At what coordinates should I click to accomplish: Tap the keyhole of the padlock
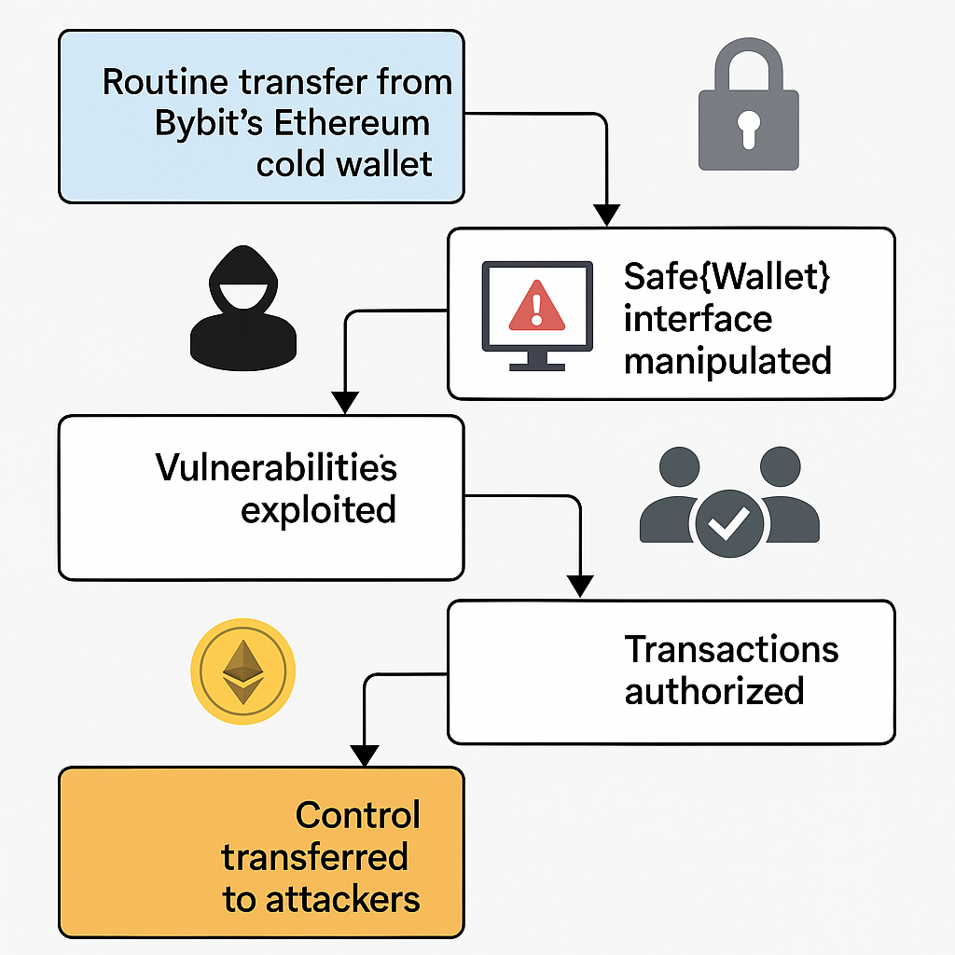[749, 129]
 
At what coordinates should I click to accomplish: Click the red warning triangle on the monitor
[536, 307]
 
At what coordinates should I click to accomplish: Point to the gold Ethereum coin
[242, 671]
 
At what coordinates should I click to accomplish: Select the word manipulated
[727, 360]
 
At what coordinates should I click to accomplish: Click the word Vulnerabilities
[276, 466]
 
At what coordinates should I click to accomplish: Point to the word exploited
[318, 509]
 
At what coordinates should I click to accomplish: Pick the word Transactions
[731, 649]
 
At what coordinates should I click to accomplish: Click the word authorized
[714, 691]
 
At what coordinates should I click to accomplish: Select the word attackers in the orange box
[342, 899]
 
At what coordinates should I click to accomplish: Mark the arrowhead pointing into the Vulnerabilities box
[346, 403]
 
